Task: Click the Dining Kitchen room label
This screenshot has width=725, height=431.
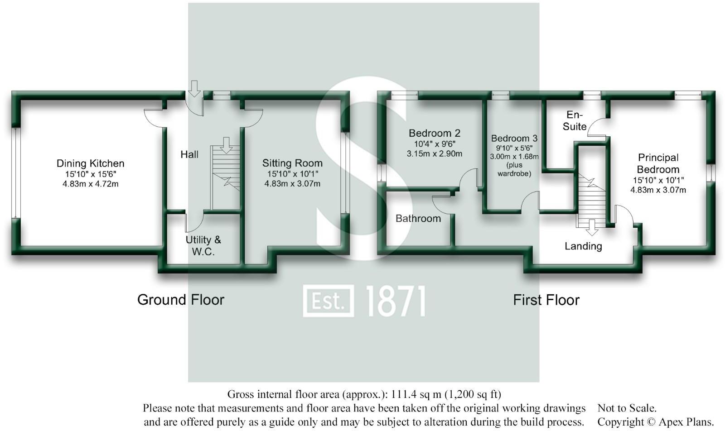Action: [x=90, y=163]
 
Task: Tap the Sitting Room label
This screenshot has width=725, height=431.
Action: [x=292, y=163]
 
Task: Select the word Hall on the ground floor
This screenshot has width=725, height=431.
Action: [x=189, y=154]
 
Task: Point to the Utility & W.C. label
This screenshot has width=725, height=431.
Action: [x=203, y=245]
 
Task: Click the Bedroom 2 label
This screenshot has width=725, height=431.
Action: [x=434, y=133]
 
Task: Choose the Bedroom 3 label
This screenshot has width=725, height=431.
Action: [x=514, y=139]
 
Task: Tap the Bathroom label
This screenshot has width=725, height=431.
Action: [x=418, y=219]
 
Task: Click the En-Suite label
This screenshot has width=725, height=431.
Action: [x=574, y=120]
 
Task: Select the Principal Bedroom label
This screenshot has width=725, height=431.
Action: [x=658, y=163]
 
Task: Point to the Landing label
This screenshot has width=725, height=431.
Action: [x=583, y=246]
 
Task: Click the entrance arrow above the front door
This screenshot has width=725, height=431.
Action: [x=194, y=88]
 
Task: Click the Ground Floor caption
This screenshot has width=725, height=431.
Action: [x=181, y=300]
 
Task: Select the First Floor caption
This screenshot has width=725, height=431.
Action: [x=546, y=300]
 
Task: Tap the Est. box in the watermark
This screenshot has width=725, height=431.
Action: [x=328, y=301]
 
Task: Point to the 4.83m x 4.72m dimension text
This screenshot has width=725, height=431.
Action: [x=90, y=184]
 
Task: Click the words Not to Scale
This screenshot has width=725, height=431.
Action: [x=627, y=408]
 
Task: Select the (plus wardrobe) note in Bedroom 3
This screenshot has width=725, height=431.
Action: [x=514, y=169]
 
